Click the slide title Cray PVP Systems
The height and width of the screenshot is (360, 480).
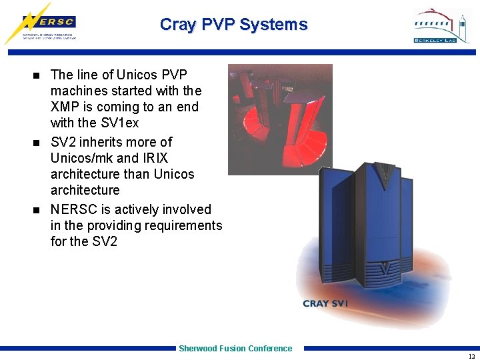pyautogui.click(x=233, y=25)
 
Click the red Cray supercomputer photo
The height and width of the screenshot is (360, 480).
pyautogui.click(x=279, y=119)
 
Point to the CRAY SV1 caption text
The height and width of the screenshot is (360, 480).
pyautogui.click(x=325, y=303)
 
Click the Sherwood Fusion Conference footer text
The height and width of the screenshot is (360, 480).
pyautogui.click(x=235, y=348)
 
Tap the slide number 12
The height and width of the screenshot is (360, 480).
pyautogui.click(x=471, y=355)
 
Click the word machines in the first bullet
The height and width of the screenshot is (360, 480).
pyautogui.click(x=79, y=91)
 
